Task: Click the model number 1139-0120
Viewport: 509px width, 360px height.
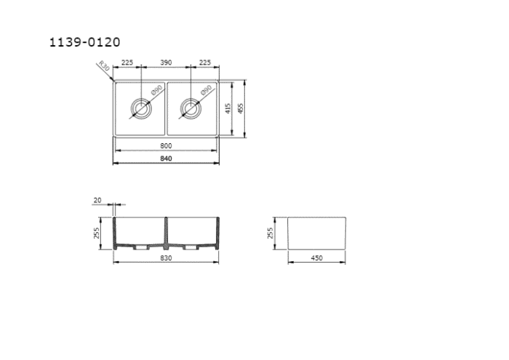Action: (85, 42)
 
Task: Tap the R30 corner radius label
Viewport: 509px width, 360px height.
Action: (104, 66)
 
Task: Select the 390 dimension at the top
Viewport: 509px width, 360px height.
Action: (166, 63)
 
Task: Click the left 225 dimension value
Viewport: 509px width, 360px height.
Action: (127, 63)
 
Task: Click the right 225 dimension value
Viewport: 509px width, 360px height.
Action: (205, 63)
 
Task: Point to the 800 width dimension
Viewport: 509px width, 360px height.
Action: (166, 146)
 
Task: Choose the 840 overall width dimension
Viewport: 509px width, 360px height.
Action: (166, 159)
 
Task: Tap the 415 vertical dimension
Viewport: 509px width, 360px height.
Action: (228, 108)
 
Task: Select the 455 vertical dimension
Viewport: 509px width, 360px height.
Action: (241, 108)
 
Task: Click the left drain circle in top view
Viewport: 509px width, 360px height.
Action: (141, 98)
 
